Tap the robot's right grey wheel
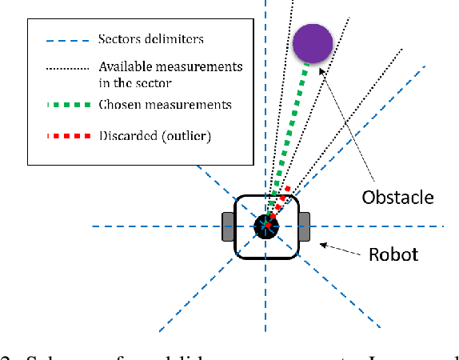pyautogui.click(x=303, y=226)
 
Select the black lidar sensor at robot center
pyautogui.click(x=265, y=226)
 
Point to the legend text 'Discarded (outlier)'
pyautogui.click(x=154, y=136)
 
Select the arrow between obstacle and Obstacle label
pyautogui.click(x=347, y=128)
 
